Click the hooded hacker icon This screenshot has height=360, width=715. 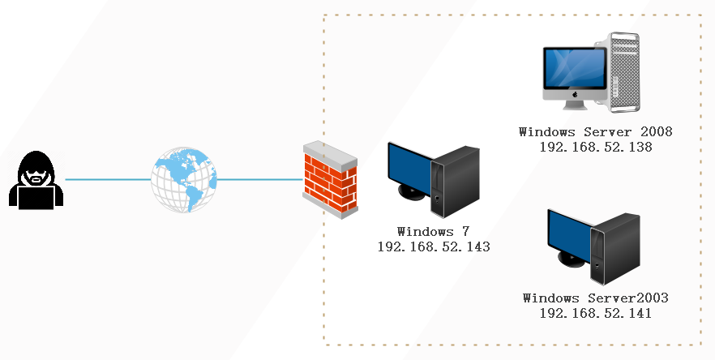pyautogui.click(x=36, y=180)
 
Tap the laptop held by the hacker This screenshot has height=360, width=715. pyautogui.click(x=36, y=197)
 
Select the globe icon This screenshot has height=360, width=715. pyautogui.click(x=184, y=179)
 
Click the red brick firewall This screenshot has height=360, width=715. pyautogui.click(x=330, y=180)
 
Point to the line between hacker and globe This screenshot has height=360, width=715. pyautogui.click(x=108, y=179)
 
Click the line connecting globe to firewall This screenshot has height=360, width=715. pyautogui.click(x=260, y=179)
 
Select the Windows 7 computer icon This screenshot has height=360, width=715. pyautogui.click(x=433, y=180)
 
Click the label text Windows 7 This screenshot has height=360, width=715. pyautogui.click(x=433, y=232)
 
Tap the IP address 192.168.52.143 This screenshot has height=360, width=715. pyautogui.click(x=434, y=246)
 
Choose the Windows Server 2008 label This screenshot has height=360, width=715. pyautogui.click(x=596, y=132)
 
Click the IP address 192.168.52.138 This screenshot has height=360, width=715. pyautogui.click(x=596, y=147)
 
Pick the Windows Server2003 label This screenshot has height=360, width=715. pyautogui.click(x=596, y=298)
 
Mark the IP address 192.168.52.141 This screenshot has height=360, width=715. pyautogui.click(x=596, y=314)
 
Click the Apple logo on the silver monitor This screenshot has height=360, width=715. pyautogui.click(x=575, y=94)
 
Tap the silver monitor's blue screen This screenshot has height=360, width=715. pyautogui.click(x=575, y=68)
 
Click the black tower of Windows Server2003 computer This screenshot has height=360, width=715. pyautogui.click(x=614, y=249)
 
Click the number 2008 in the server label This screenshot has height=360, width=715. pyautogui.click(x=656, y=132)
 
